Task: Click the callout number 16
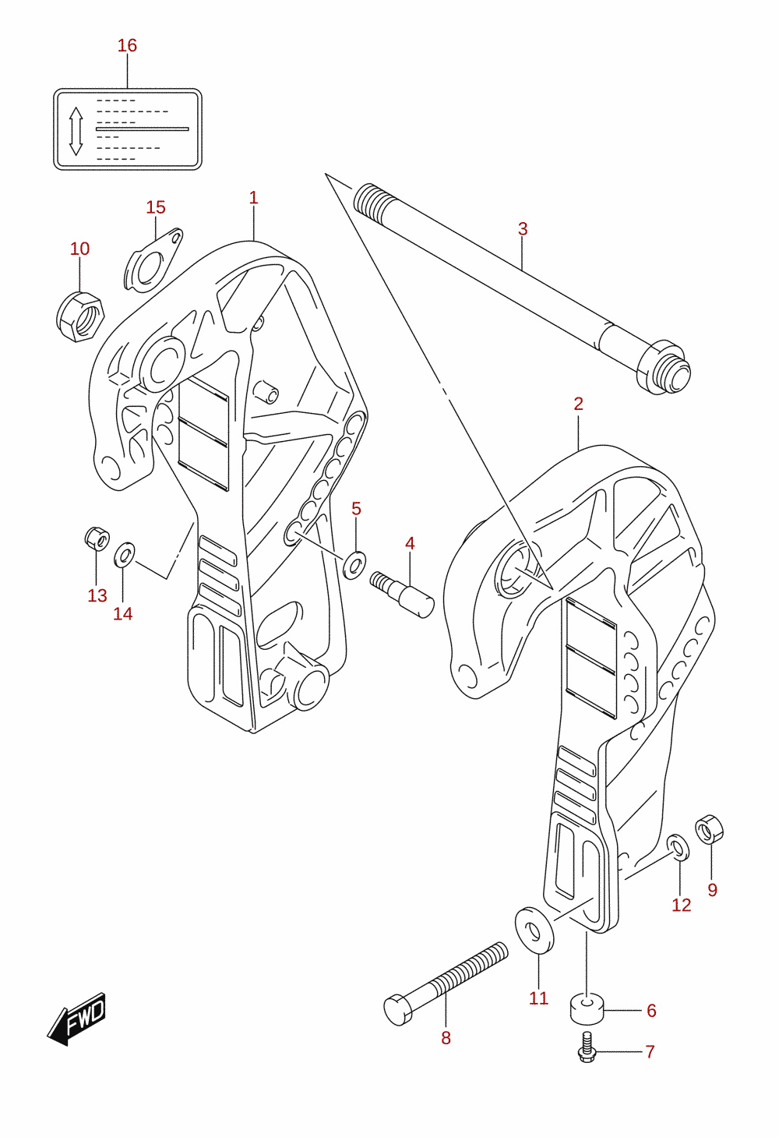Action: pos(128,46)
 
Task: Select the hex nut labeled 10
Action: pos(79,316)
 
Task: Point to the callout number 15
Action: pos(156,207)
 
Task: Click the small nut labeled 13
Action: pos(97,538)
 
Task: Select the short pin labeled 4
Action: pos(402,594)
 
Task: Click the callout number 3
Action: pos(523,229)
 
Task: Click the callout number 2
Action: pos(579,404)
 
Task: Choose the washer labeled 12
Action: pos(678,847)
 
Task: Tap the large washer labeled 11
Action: pos(534,931)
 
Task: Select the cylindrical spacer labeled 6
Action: pos(587,1010)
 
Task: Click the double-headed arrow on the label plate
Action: pos(76,131)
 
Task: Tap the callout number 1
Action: pos(254,198)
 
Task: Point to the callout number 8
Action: pos(446,1039)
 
